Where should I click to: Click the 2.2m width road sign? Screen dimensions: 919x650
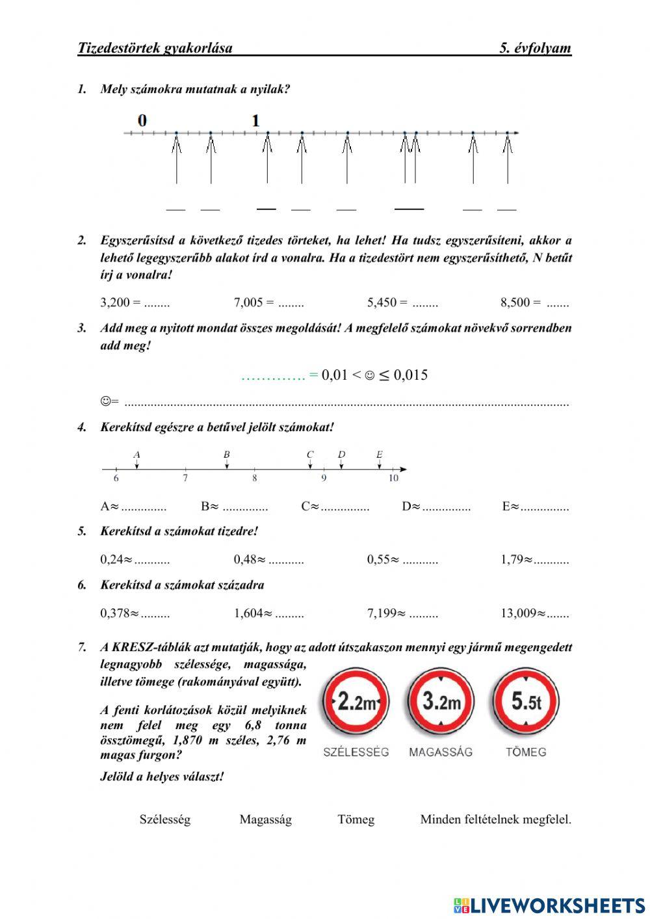[356, 702]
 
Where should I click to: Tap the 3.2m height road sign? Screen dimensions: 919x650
[441, 702]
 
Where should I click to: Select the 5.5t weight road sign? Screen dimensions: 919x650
[525, 702]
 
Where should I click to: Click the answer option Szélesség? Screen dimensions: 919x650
[165, 819]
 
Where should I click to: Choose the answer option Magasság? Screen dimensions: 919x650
[265, 819]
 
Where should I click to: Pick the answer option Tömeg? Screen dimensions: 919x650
[356, 819]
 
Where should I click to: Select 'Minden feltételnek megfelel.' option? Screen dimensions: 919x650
[495, 819]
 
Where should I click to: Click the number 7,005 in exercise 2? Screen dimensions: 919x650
[248, 302]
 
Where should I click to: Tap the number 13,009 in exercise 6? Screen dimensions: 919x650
[518, 613]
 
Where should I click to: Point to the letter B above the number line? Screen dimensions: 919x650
[226, 455]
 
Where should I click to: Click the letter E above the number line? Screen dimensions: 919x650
[380, 455]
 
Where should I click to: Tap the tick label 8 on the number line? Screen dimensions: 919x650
[254, 479]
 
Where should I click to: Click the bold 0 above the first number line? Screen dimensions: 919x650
[142, 120]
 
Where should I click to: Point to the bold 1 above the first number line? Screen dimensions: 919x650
[255, 120]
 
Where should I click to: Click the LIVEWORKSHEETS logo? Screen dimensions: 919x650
[549, 905]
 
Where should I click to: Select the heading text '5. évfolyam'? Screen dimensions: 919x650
[535, 47]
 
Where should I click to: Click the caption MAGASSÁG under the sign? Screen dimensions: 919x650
[441, 752]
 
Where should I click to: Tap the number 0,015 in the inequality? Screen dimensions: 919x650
[410, 375]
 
